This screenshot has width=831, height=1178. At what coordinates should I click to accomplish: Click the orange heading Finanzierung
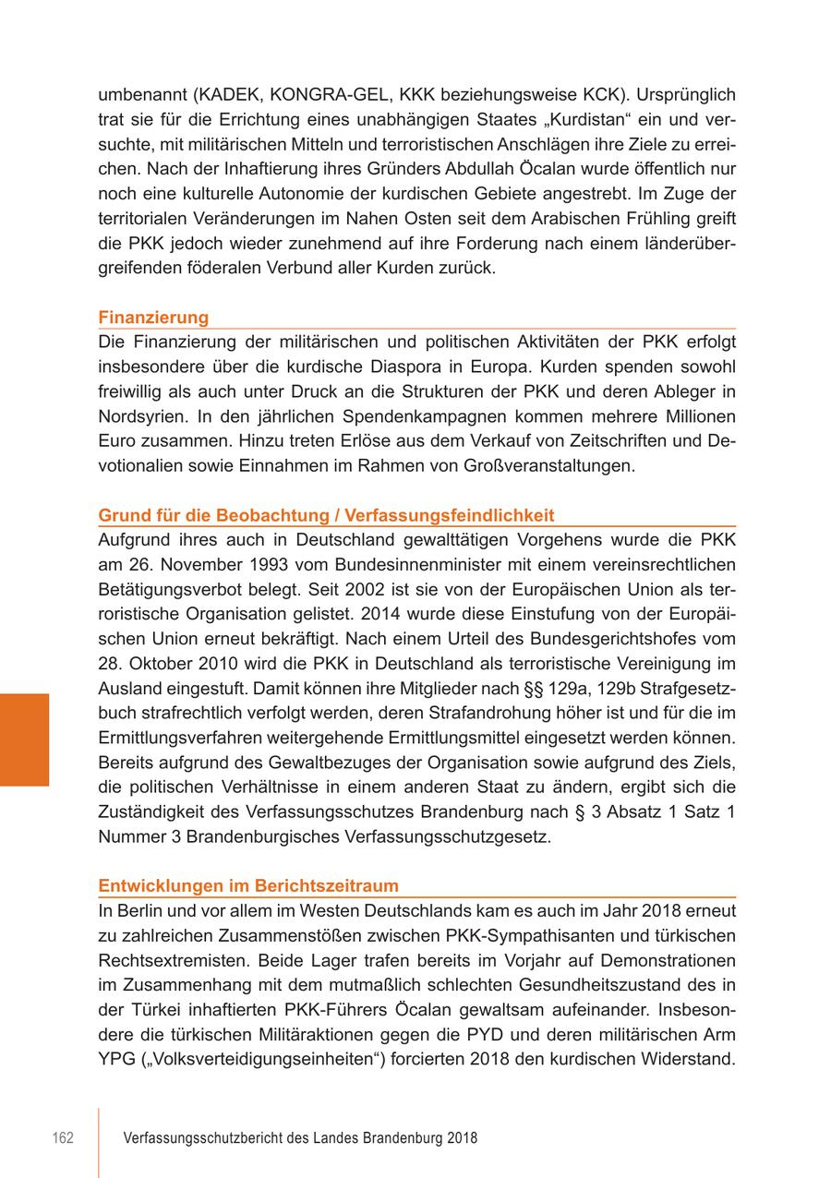click(x=153, y=318)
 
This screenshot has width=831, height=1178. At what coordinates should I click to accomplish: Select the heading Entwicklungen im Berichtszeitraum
click(x=248, y=886)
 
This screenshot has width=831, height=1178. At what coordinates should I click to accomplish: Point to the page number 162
click(x=63, y=1138)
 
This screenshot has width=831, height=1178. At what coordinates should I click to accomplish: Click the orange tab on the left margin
click(x=24, y=739)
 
